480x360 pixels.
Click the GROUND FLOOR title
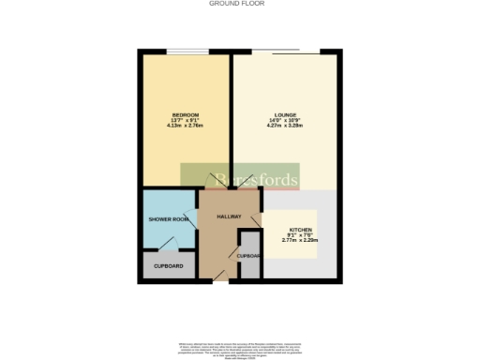coord(240,4)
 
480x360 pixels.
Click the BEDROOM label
coord(185,114)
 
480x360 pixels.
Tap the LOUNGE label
coord(286,114)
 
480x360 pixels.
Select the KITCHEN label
coord(301,230)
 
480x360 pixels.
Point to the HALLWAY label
coord(230,217)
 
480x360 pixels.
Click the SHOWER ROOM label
coord(169,219)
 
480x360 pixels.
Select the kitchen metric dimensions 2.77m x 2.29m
coord(301,241)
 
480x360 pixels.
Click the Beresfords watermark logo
coord(240,178)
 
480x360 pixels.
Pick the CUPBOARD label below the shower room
coord(169,265)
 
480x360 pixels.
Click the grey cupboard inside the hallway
coord(248,254)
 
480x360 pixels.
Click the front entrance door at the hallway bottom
coord(219,273)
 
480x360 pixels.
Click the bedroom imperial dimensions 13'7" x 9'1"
coord(185,120)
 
